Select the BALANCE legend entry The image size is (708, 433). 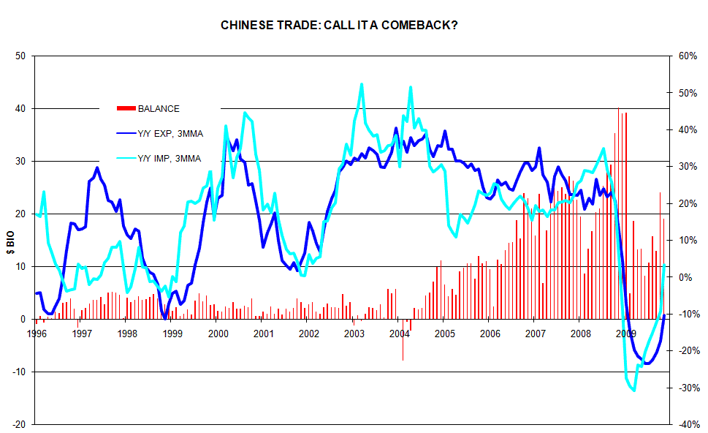pos(158,109)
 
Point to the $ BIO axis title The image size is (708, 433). pos(11,240)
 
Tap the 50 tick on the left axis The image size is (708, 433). pos(20,56)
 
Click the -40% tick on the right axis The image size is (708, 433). pos(688,425)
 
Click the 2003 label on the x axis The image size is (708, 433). pos(354,334)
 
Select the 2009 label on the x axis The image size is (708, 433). pos(626,334)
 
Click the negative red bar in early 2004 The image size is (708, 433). pos(403,340)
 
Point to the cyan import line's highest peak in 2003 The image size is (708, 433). pos(361,85)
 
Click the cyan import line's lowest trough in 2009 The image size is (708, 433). pos(633,390)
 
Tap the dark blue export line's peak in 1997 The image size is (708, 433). pos(96,168)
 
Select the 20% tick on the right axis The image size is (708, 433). pos(688,203)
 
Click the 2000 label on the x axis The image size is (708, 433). pos(218,334)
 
